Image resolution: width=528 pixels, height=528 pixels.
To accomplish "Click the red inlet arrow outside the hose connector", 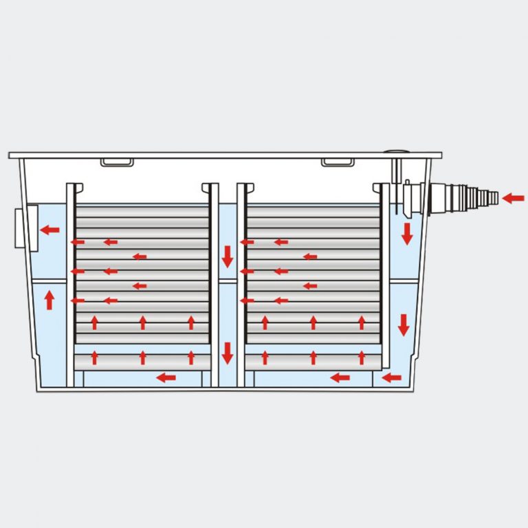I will [513, 199].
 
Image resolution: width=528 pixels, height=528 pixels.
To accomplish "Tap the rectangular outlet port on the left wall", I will [21, 228].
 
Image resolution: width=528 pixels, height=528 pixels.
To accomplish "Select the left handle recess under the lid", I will [117, 162].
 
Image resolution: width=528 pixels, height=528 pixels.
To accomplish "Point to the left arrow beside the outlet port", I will [49, 230].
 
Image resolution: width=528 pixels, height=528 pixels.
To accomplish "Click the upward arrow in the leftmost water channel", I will [49, 300].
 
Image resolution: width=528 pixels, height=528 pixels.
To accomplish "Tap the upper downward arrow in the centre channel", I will [228, 257].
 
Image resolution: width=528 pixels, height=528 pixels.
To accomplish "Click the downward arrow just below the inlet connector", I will [407, 234].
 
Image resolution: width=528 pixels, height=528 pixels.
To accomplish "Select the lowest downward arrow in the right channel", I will [404, 324].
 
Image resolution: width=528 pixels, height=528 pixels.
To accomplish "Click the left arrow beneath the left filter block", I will [166, 377].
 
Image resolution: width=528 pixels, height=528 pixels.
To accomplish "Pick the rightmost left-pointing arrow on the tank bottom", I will [392, 377].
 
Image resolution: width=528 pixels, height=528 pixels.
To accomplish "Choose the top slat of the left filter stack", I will [142, 208].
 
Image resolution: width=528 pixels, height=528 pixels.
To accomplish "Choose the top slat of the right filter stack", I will [313, 208].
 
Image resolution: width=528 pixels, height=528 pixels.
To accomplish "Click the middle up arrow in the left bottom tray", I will [143, 357].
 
